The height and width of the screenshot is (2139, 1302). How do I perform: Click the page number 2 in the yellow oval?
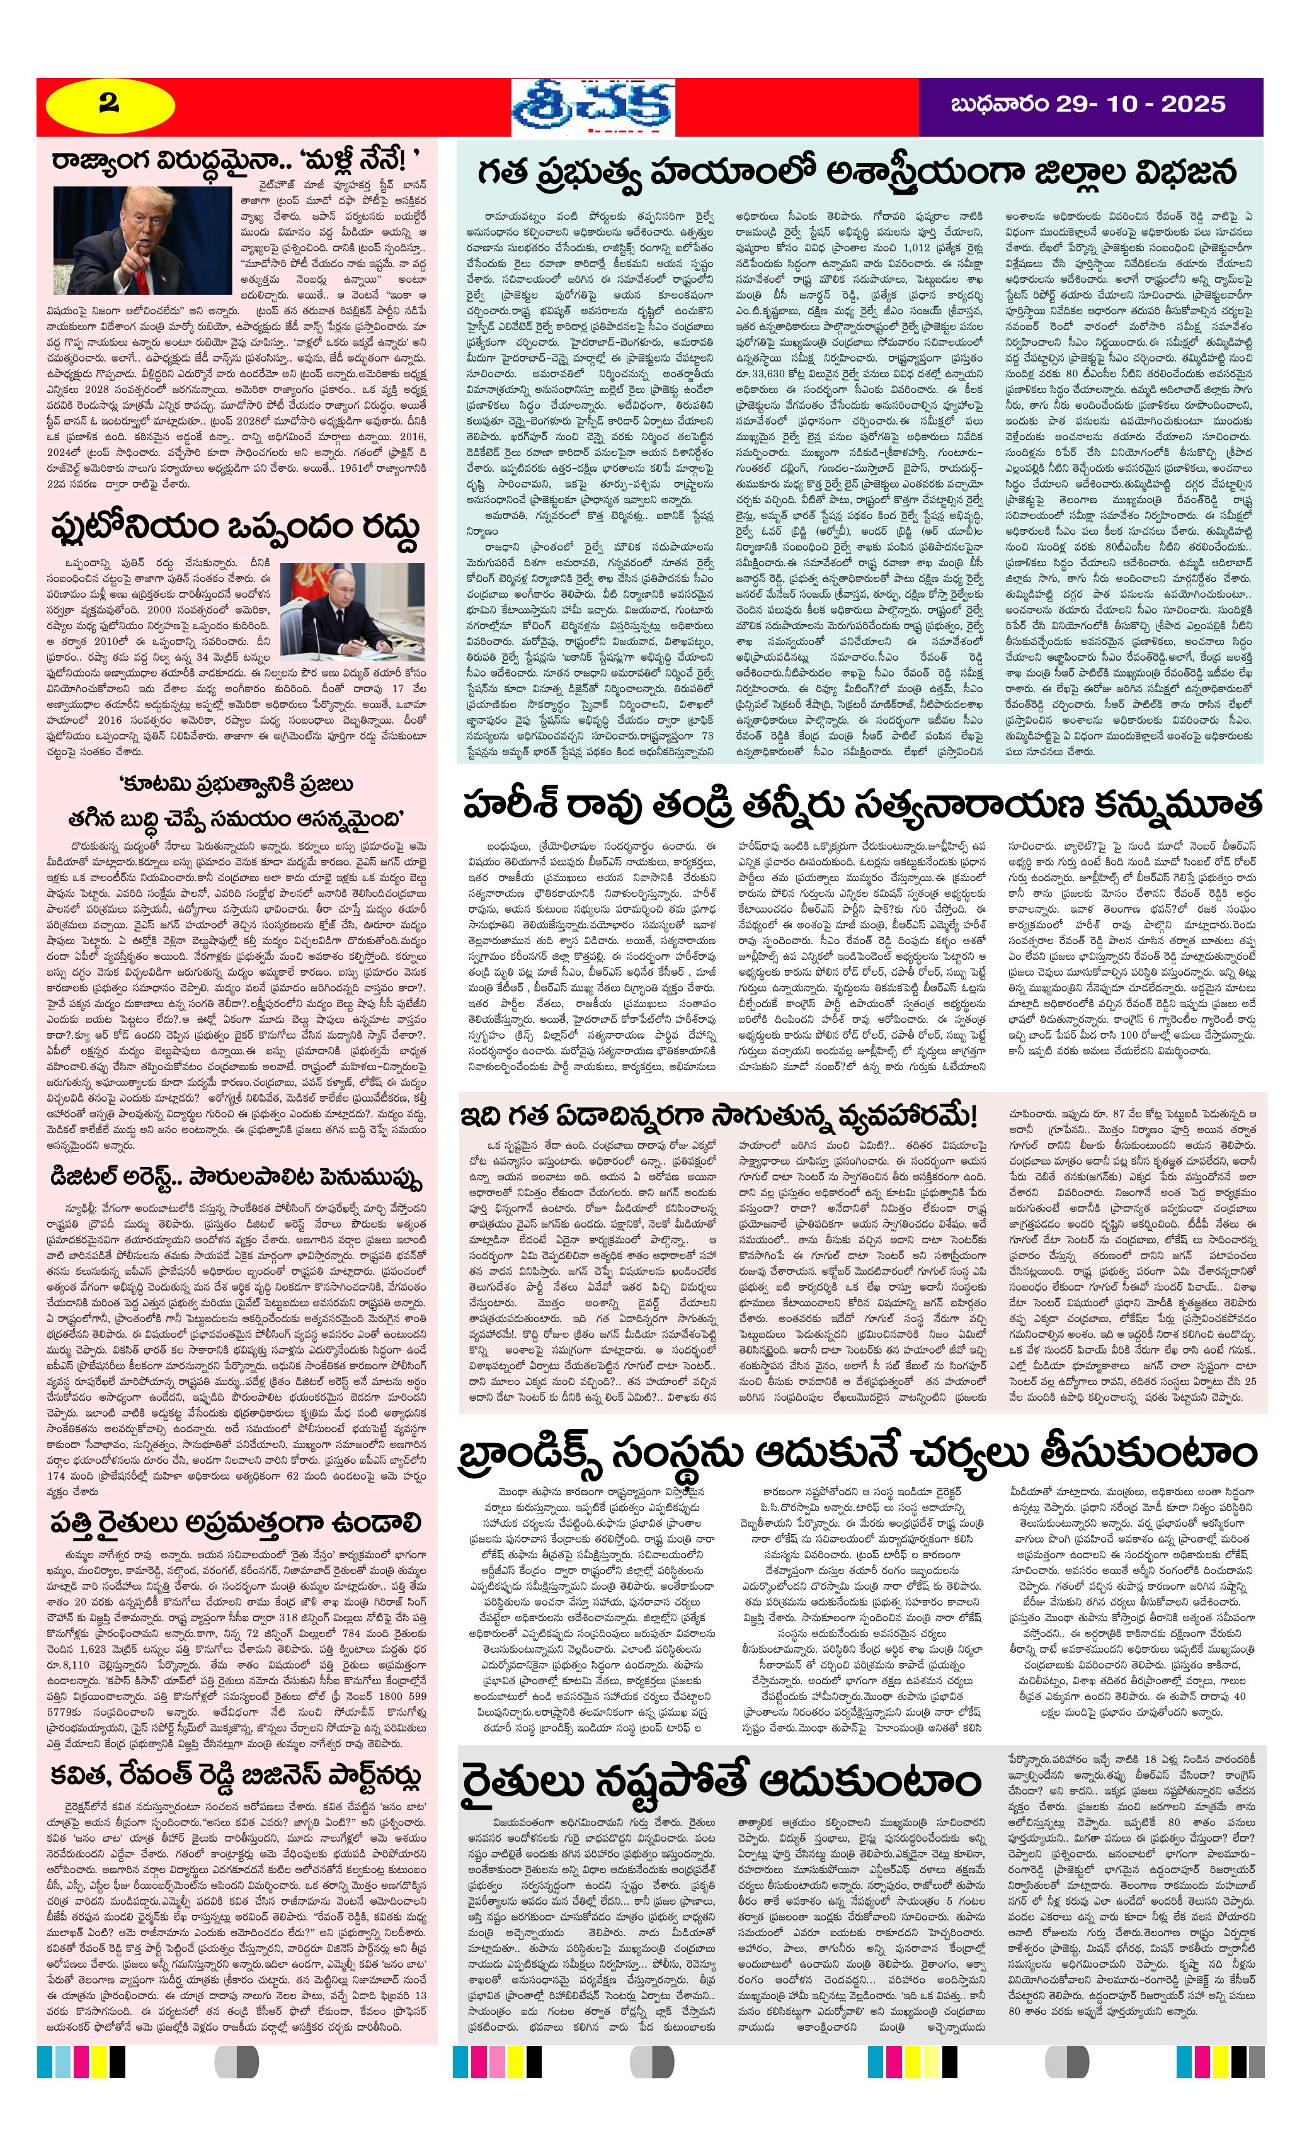tap(108, 104)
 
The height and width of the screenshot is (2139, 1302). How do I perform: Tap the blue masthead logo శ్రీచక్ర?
tap(592, 106)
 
